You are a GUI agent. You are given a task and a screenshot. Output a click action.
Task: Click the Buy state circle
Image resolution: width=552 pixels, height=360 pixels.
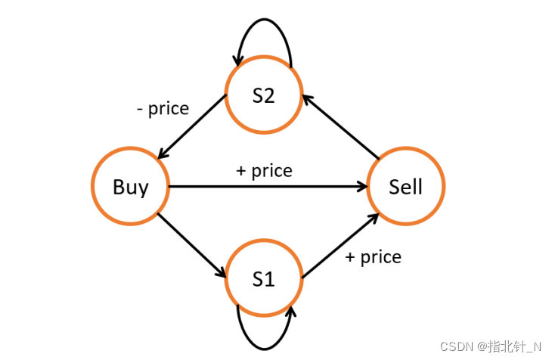coord(130,187)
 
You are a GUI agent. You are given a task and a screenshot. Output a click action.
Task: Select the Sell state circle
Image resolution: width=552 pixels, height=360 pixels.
coord(405,187)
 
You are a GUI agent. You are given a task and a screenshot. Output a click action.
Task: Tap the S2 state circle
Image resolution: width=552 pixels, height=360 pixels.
coord(263,96)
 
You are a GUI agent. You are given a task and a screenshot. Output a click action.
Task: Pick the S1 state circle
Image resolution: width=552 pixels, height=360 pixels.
coord(263,278)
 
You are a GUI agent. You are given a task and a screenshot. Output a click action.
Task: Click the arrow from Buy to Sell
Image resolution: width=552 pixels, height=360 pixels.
coord(265,187)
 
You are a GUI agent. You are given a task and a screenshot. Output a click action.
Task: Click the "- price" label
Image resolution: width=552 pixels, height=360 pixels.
coord(163,108)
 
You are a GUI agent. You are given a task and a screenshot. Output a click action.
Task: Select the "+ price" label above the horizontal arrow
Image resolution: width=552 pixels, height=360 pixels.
coord(264,170)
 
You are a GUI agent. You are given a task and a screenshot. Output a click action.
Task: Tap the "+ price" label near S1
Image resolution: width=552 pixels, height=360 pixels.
coord(373,257)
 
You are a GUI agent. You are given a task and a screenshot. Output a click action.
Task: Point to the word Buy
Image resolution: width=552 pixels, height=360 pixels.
coord(130,187)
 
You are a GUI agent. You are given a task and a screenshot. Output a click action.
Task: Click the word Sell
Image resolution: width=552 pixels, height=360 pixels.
coord(405,187)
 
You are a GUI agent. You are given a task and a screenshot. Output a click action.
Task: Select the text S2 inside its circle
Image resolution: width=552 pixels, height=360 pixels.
coord(263,96)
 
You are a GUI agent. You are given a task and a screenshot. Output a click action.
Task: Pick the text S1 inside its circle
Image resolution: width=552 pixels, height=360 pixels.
coord(263,278)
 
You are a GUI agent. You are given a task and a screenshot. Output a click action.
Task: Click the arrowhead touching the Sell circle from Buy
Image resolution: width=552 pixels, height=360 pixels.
coord(361,187)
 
